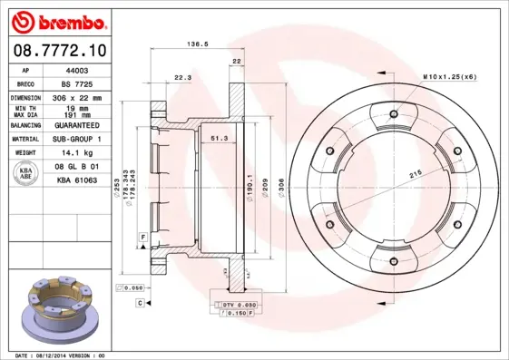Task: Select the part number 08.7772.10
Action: point(60,51)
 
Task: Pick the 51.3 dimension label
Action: point(219,137)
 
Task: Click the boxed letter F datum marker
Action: point(142,236)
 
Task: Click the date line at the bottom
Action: point(62,355)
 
